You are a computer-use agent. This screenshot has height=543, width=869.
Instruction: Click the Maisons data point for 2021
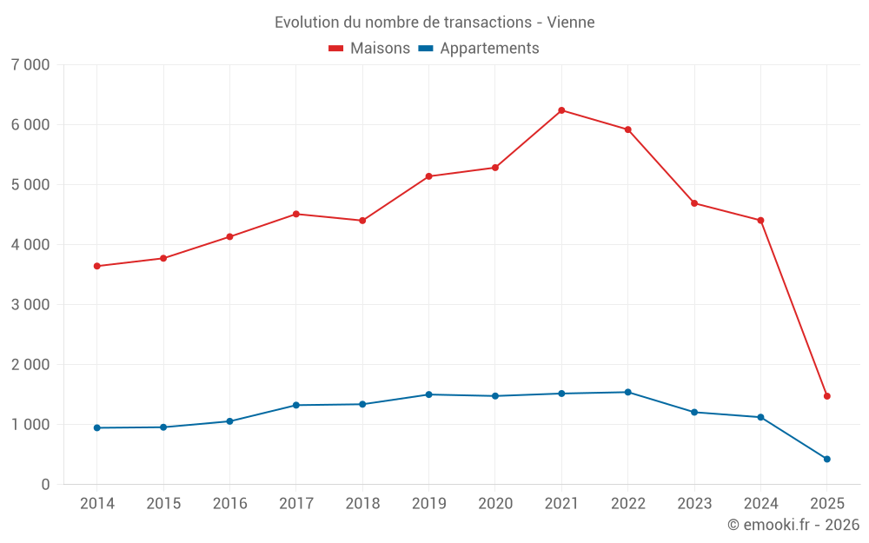(561, 110)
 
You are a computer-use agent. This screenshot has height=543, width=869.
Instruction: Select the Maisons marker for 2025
(827, 396)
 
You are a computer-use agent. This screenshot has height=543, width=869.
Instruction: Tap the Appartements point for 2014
(96, 427)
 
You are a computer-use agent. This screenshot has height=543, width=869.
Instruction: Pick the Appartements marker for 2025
(827, 459)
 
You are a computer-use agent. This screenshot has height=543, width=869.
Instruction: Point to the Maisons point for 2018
(362, 221)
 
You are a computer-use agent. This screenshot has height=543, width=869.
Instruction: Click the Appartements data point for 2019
(428, 394)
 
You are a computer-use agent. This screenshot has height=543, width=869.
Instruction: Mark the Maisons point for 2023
(694, 203)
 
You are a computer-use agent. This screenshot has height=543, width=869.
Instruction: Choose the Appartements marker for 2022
(627, 392)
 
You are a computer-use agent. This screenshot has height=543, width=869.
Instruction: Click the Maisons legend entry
(369, 49)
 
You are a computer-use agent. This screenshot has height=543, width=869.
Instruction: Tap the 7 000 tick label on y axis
(31, 65)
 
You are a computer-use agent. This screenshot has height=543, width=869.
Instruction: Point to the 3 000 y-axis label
(31, 305)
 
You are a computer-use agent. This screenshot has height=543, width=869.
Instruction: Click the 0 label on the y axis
(45, 485)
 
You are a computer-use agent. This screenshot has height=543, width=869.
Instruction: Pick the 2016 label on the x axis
(229, 504)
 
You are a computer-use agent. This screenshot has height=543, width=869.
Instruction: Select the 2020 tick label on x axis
(495, 504)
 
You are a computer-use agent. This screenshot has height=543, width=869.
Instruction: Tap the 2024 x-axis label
(760, 504)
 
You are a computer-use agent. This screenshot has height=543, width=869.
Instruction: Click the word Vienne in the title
(571, 23)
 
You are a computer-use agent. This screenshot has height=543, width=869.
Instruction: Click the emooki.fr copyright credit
(793, 525)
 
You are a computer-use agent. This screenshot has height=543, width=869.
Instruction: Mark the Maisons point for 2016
(229, 236)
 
